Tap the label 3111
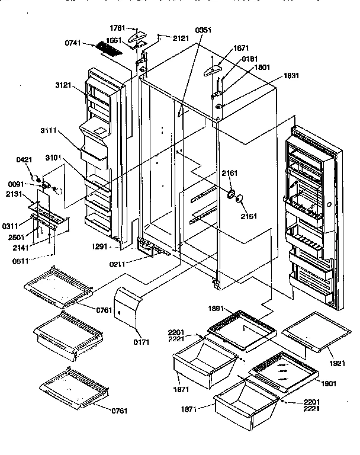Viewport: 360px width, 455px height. point(49,130)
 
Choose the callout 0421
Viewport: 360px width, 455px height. point(24,160)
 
